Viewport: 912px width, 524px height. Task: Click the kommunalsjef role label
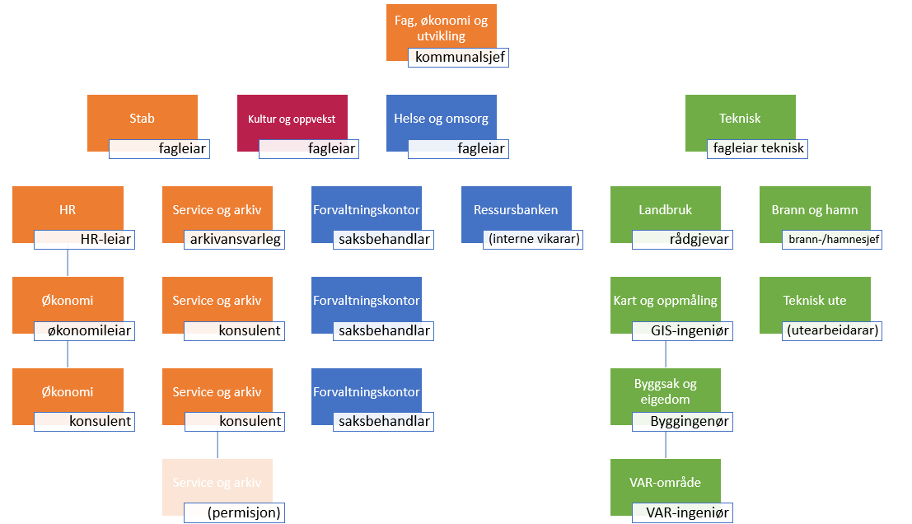(x=458, y=58)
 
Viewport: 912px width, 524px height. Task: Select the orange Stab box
(x=143, y=118)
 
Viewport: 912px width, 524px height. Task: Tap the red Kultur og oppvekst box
(x=292, y=119)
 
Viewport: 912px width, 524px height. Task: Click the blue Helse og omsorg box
(x=442, y=118)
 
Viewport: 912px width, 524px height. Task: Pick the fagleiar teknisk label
(x=756, y=149)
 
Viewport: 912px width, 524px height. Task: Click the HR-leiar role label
(x=83, y=240)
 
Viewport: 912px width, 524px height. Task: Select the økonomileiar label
(x=83, y=331)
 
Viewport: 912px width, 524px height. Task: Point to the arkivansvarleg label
(x=233, y=240)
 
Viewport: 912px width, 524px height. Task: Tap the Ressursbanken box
(x=516, y=209)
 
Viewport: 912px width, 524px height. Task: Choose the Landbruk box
(x=666, y=209)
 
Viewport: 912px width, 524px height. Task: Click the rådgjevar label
(x=682, y=240)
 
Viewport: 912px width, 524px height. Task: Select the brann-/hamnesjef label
(x=832, y=240)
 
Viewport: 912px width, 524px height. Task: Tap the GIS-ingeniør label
(x=682, y=331)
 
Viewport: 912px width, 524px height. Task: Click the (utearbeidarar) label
(x=832, y=331)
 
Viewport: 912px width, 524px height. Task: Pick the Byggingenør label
(x=682, y=422)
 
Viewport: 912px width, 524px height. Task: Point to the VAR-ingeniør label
(x=682, y=513)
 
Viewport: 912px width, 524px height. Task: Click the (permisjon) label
(x=233, y=513)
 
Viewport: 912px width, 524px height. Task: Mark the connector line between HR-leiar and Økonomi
(x=68, y=263)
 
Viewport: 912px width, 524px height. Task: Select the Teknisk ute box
(x=815, y=300)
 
